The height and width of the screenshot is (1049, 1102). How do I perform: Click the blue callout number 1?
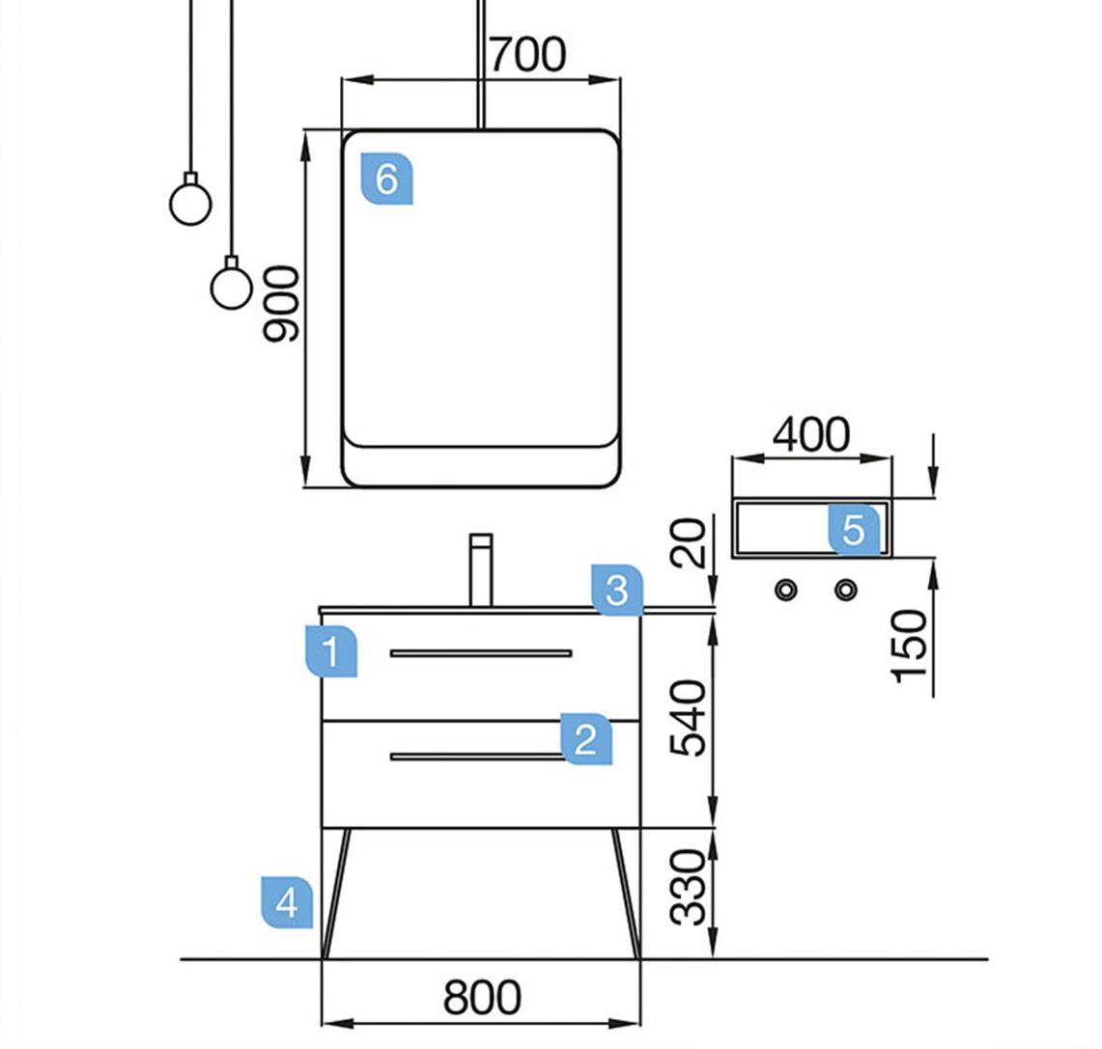[330, 652]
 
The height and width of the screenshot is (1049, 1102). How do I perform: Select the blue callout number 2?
[586, 740]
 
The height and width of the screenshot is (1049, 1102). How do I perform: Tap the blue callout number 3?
[617, 589]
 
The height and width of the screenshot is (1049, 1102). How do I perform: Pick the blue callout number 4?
[287, 903]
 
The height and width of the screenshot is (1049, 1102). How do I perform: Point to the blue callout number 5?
[854, 530]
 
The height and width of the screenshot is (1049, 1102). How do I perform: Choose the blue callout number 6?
[386, 179]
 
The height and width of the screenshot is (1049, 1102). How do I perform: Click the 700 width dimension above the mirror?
[526, 56]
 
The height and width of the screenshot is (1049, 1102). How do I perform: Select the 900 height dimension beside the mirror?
[282, 305]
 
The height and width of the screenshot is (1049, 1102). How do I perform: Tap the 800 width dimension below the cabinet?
[482, 998]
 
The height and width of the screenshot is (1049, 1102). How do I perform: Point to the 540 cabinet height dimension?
[690, 718]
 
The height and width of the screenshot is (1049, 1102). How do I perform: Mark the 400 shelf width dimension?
[811, 436]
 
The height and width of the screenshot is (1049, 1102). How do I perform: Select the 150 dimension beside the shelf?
[910, 645]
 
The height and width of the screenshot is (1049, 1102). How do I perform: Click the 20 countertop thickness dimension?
[690, 542]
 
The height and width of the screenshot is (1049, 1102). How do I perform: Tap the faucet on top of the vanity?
[481, 569]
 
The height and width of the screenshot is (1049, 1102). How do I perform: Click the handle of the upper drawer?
[481, 653]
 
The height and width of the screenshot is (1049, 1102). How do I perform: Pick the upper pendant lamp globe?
[190, 203]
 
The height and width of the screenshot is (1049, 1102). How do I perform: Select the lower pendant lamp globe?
[232, 287]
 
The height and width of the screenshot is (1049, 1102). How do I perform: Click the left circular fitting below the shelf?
[787, 589]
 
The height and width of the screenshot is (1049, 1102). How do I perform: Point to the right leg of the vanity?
[626, 893]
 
